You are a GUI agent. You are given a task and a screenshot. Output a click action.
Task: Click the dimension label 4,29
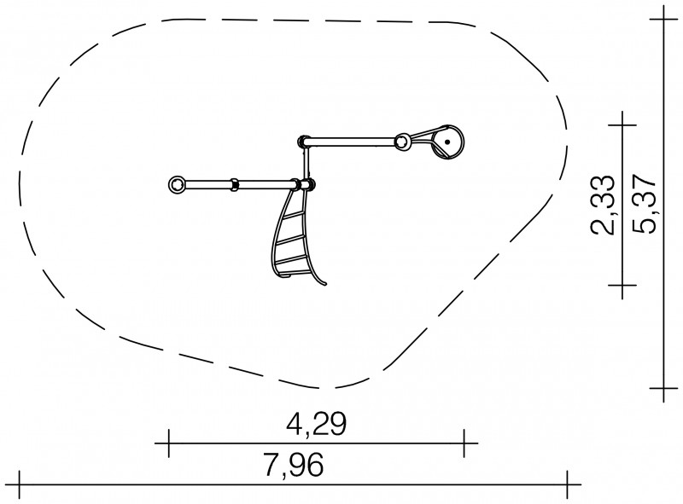point(316,424)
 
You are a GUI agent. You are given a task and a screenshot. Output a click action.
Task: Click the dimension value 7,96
point(294,465)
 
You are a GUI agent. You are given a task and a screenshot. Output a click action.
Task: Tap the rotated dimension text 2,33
point(603,205)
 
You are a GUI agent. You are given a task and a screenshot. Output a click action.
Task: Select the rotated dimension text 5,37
point(644,204)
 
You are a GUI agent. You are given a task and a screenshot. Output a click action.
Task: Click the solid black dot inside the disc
point(447,142)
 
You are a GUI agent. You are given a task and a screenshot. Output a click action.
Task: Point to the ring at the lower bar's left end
point(177,184)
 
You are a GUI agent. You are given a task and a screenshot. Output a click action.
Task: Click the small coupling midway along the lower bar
point(234,184)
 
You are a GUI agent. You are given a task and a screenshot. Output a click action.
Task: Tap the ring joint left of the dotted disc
point(402,142)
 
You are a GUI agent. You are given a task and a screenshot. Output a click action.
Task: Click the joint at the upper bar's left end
point(302,142)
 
